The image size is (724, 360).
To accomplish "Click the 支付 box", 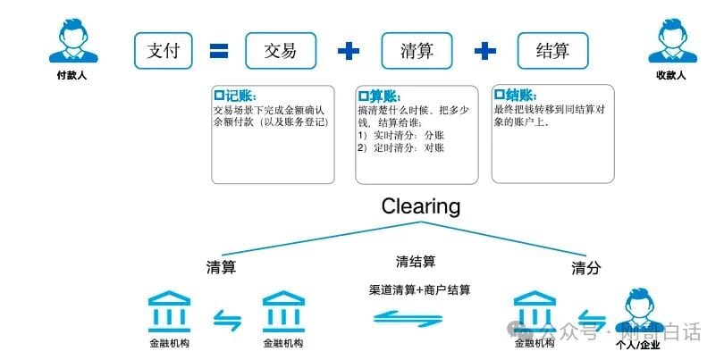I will point(164,50).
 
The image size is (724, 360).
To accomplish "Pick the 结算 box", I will point(553,50).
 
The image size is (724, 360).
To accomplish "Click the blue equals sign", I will point(220,51).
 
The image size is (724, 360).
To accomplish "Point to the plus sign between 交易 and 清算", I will point(348,51).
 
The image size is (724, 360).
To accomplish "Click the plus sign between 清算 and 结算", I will point(484,51).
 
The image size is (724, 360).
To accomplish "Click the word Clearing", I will point(420,206).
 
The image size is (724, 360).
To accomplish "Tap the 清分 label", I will point(585,268).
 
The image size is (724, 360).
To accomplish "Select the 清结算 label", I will point(416,262).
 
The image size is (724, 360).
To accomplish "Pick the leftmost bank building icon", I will point(169,311).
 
